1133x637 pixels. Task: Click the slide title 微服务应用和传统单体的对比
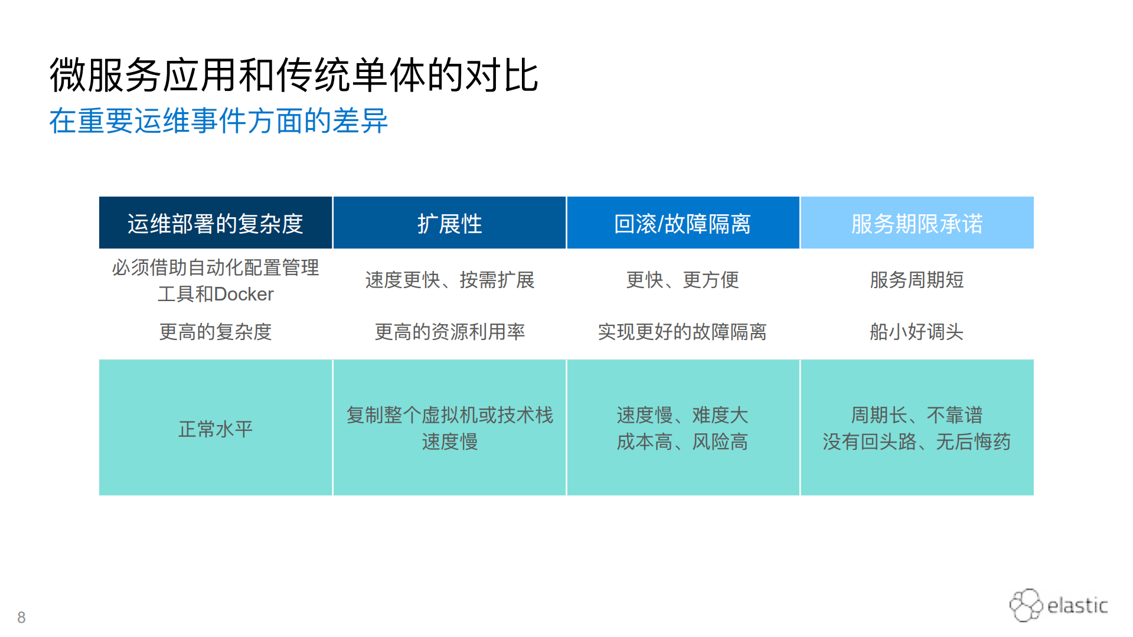(x=293, y=76)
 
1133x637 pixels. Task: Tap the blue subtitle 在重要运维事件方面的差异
(x=218, y=121)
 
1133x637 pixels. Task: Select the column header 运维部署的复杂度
(x=215, y=224)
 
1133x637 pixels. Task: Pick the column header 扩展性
(x=449, y=224)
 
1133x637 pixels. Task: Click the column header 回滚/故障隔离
(x=683, y=224)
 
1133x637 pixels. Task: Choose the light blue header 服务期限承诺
(x=916, y=224)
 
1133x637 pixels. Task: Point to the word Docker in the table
(x=243, y=294)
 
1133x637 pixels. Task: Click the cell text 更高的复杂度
(x=215, y=332)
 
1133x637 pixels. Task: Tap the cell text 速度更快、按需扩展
(x=449, y=280)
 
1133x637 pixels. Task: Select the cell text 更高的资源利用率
(x=449, y=332)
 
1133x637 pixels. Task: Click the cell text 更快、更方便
(x=683, y=280)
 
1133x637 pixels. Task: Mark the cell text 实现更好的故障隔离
(x=683, y=332)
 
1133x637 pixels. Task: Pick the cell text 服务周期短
(x=916, y=280)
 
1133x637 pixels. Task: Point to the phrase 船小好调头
(x=916, y=332)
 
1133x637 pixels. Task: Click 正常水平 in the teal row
(x=215, y=429)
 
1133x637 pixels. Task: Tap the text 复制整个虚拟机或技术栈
(x=449, y=415)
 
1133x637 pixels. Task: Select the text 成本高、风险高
(x=683, y=442)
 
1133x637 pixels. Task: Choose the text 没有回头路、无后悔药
(x=916, y=442)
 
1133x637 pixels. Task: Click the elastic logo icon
(x=1026, y=605)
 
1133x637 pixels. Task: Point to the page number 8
(x=21, y=618)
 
